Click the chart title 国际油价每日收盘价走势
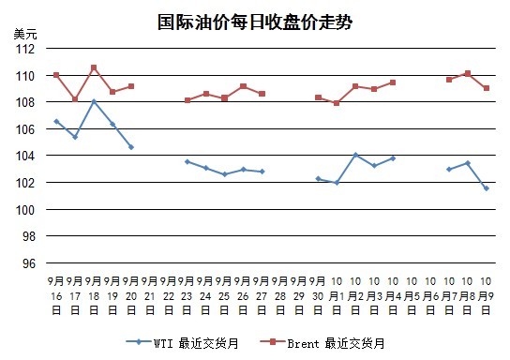[x=255, y=22]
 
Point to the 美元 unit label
[x=25, y=34]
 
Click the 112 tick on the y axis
[x=25, y=49]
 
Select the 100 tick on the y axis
[x=25, y=210]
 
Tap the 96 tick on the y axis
[x=29, y=263]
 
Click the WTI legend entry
[x=182, y=343]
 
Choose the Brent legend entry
[x=322, y=343]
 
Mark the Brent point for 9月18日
[x=94, y=67]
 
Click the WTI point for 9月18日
[x=94, y=101]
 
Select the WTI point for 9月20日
[x=131, y=147]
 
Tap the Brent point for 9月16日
[x=56, y=75]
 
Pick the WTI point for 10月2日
[x=355, y=155]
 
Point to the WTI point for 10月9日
[x=487, y=188]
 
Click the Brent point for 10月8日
[x=468, y=73]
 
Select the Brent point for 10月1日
[x=337, y=103]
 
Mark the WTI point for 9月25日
[x=224, y=174]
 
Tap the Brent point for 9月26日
[x=244, y=86]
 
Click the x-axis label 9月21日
[x=150, y=295]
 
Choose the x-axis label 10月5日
[x=412, y=295]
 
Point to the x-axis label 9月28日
[x=280, y=295]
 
